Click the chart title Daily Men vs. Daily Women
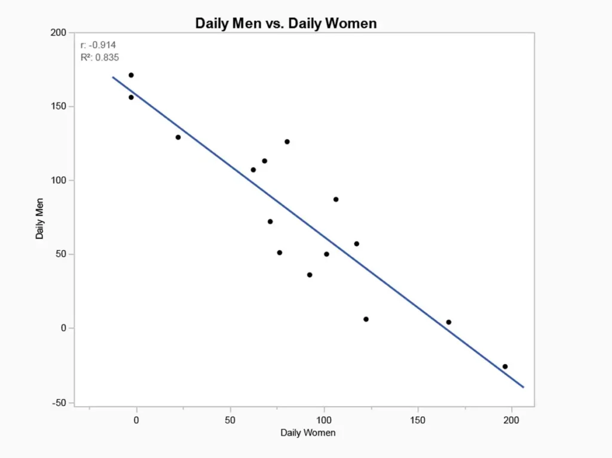tap(286, 23)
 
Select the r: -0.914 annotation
tap(94, 45)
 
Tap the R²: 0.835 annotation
tap(99, 57)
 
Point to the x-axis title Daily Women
tap(308, 432)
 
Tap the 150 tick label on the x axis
tap(418, 420)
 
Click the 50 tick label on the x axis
tap(230, 420)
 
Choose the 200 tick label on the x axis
tap(511, 420)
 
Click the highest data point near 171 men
tap(131, 75)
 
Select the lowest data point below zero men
tap(505, 367)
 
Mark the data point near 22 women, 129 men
tap(178, 137)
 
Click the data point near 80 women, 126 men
tap(287, 142)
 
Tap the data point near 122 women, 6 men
tap(366, 319)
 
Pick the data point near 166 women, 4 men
tap(449, 322)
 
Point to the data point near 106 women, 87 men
tap(336, 199)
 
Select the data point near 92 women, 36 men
tap(310, 275)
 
